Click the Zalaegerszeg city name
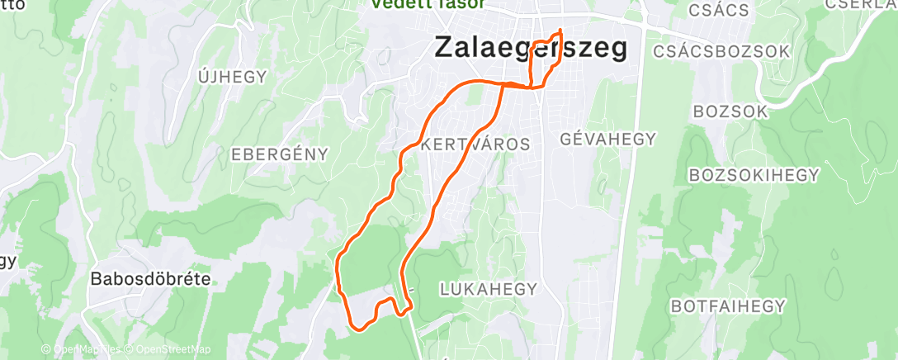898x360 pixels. pos(530,48)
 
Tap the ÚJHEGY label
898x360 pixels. pos(233,77)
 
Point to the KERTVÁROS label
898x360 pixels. pos(475,144)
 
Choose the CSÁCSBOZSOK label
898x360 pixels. pos(721,51)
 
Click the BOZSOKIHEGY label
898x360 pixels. pos(754,175)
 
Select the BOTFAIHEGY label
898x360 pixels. pos(728,306)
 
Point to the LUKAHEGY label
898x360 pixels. pos(489,289)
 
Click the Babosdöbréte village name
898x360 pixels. pos(149,279)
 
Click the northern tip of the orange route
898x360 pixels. pos(560,31)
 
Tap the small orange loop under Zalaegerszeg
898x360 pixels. pos(541,63)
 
